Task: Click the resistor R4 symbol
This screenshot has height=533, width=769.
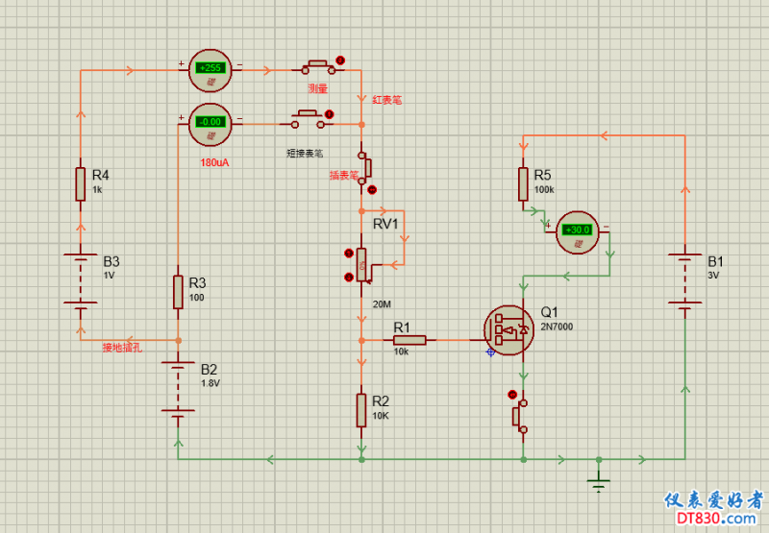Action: [x=82, y=183]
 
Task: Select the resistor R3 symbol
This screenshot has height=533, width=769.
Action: [x=178, y=292]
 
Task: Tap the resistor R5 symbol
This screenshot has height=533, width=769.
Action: [x=523, y=183]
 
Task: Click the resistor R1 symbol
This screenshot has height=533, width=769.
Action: [x=410, y=340]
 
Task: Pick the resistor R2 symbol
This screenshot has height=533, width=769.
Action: [x=360, y=409]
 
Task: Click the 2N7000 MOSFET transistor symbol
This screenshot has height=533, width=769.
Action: [x=509, y=330]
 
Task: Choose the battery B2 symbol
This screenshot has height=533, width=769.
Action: [x=178, y=388]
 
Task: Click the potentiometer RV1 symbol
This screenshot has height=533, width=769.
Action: [x=360, y=264]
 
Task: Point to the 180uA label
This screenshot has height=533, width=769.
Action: [x=214, y=162]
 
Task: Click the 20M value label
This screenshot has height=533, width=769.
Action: [x=383, y=304]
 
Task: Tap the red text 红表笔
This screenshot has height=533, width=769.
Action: [x=387, y=100]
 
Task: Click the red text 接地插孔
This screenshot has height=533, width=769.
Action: [x=122, y=348]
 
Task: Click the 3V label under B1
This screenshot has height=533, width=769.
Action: [x=713, y=276]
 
